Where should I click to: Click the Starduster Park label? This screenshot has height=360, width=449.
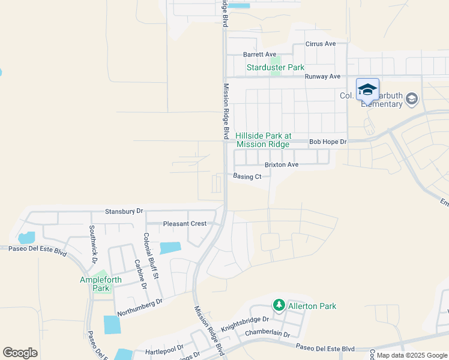click(276, 67)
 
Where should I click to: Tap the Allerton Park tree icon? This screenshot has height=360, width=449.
click(279, 305)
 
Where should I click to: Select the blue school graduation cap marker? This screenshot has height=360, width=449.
click(367, 90)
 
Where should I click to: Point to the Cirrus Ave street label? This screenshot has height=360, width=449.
click(321, 44)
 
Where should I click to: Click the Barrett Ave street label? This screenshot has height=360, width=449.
click(259, 54)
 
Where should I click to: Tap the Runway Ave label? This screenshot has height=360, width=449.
click(322, 76)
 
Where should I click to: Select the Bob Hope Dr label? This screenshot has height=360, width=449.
click(328, 142)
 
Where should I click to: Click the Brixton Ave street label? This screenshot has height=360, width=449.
click(282, 164)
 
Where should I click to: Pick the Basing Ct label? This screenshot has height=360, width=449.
click(247, 176)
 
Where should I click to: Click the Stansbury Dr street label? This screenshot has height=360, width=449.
click(124, 211)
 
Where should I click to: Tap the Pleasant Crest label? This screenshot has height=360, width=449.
click(185, 223)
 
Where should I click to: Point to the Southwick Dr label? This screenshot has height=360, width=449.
click(93, 244)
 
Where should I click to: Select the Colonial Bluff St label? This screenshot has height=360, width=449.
click(151, 256)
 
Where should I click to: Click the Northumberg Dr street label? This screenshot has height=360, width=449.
click(140, 308)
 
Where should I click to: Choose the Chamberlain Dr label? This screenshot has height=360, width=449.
click(267, 334)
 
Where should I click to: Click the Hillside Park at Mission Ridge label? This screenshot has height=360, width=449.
click(263, 140)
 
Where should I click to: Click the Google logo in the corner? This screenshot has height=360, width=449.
click(20, 353)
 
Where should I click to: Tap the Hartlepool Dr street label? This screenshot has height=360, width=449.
click(164, 350)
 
